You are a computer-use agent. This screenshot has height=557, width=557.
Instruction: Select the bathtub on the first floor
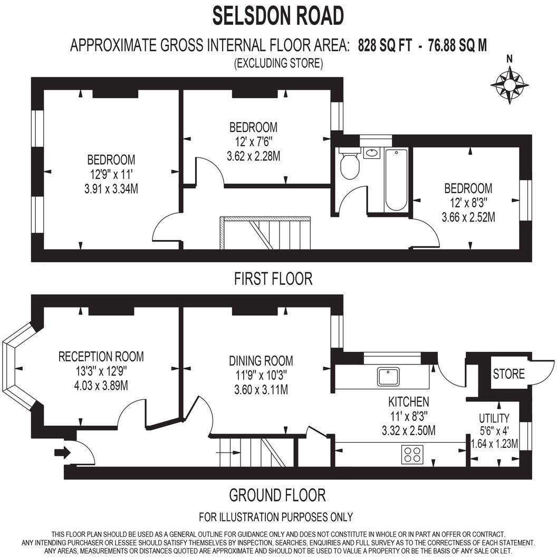pos(396,180)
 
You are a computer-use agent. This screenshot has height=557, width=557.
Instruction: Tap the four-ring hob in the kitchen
pos(412,455)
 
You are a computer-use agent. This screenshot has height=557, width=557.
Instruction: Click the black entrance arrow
pos(62,452)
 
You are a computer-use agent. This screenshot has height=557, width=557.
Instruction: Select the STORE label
pos(508,374)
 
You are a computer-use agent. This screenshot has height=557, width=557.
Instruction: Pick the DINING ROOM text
pos(261,361)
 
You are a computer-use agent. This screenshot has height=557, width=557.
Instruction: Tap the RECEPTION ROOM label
pos(101,357)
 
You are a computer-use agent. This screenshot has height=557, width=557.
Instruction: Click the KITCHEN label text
pos(408,401)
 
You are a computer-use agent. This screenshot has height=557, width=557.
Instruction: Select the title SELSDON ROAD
pos(278,16)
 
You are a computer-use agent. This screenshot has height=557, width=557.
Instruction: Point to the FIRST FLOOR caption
pos(273,278)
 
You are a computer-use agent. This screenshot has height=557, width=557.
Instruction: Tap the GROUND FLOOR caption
pos(277,495)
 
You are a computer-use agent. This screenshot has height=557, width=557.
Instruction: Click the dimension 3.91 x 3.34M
pos(111,188)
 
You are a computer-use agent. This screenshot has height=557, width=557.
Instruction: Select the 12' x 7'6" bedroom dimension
pos(253,142)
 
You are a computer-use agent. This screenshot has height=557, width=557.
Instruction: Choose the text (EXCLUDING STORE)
pos(278,64)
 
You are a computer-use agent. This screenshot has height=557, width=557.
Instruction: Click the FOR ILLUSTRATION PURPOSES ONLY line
pos(276,516)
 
